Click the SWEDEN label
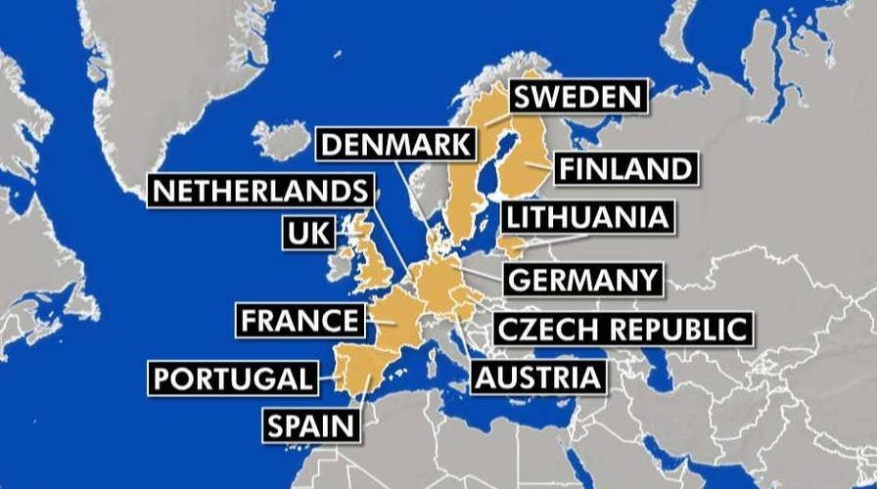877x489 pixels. [577, 97]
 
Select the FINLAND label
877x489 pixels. [625, 168]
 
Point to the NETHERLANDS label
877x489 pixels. [260, 190]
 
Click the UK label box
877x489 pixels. [306, 233]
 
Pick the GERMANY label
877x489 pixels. [583, 279]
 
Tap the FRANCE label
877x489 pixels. [300, 320]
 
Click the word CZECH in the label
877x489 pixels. [543, 330]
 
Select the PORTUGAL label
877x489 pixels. [233, 378]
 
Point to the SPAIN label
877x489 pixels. [306, 424]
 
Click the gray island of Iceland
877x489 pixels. [284, 141]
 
